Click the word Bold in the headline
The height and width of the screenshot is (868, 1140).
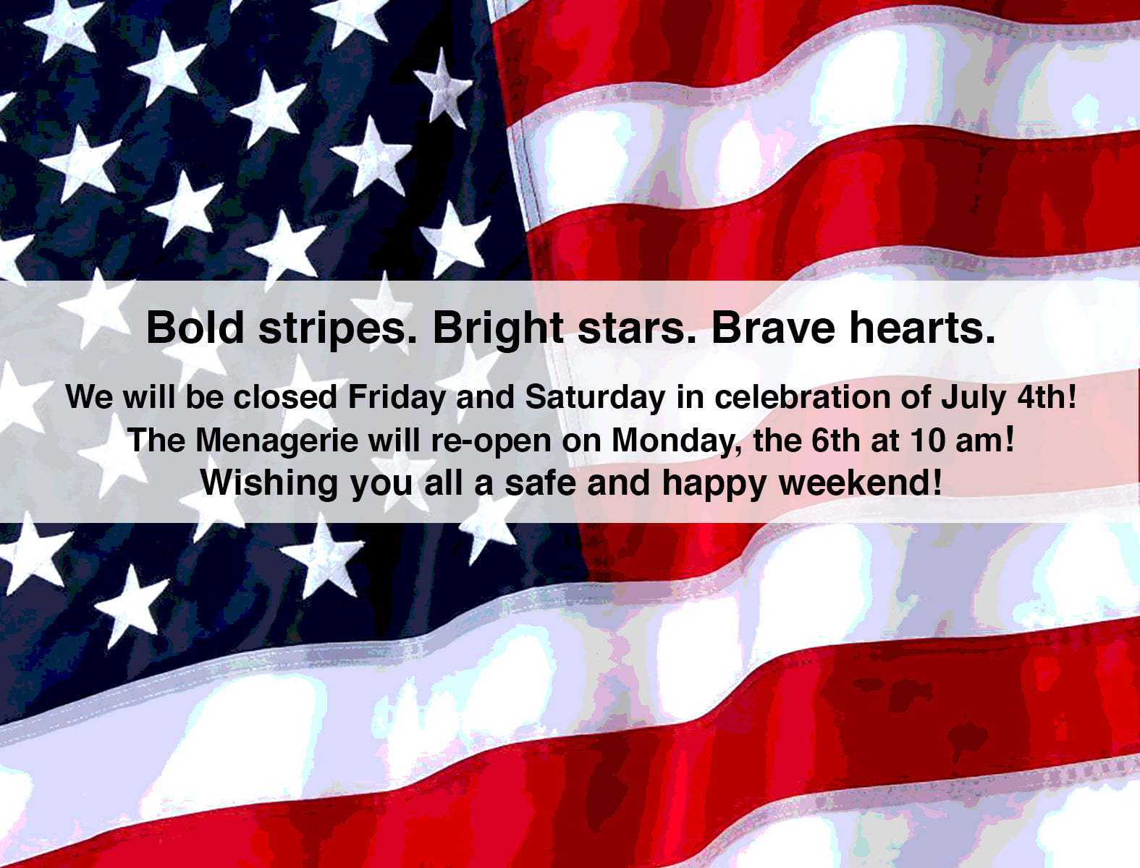pyautogui.click(x=195, y=327)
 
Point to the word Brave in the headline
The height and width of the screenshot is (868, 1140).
pyautogui.click(x=773, y=327)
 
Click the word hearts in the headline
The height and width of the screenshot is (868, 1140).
pyautogui.click(x=922, y=327)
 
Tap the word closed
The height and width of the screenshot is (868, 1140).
pyautogui.click(x=285, y=397)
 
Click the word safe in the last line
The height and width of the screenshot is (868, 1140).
pyautogui.click(x=540, y=482)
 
